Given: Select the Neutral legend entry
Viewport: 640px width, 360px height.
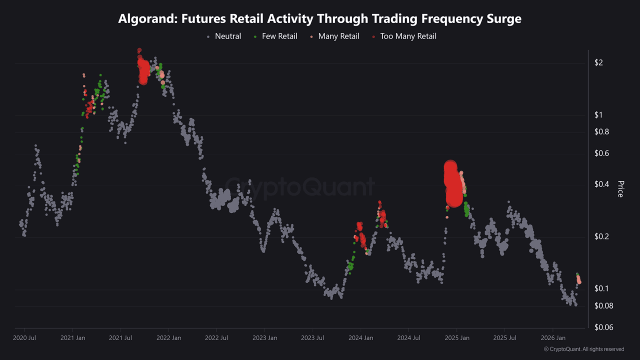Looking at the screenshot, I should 224,36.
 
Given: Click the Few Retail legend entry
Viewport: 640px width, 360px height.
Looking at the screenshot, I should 275,36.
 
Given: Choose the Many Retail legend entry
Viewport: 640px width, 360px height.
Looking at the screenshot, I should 334,36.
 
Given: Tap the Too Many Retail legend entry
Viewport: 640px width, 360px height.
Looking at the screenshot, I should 404,36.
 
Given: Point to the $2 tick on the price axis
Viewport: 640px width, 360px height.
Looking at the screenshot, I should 599,62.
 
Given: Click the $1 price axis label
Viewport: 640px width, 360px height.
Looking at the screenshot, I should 599,115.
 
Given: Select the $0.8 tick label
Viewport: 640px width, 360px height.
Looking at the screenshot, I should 601,132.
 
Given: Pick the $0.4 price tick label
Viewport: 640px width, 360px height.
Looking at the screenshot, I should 601,184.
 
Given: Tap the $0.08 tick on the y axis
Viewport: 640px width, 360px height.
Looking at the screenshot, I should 603,306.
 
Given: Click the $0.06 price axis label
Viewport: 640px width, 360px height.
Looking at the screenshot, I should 603,327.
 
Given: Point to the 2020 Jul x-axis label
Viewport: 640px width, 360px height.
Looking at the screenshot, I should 24,338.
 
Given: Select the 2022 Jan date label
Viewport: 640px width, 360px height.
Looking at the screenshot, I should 168,338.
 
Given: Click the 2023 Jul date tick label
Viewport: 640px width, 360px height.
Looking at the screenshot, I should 312,338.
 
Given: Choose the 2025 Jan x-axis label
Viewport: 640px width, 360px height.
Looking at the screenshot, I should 456,338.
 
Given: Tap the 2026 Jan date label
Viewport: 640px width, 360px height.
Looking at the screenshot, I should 552,338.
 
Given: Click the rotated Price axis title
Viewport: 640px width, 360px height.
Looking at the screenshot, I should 620,189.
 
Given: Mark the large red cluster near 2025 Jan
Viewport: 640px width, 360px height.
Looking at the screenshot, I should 453,185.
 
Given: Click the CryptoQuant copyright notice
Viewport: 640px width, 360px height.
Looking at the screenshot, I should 583,349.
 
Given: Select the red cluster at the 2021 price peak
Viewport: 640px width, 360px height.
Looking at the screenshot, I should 143,70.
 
